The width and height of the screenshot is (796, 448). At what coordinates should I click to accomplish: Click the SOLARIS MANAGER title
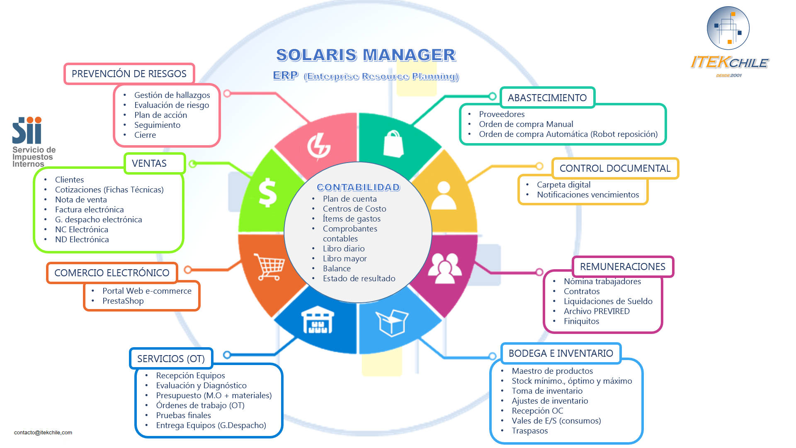click(366, 55)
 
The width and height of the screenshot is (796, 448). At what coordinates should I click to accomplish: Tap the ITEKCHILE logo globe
click(728, 28)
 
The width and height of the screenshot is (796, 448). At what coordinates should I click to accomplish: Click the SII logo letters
click(27, 130)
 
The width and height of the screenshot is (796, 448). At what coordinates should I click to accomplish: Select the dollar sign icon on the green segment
click(267, 192)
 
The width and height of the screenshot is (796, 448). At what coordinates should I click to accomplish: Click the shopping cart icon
click(270, 267)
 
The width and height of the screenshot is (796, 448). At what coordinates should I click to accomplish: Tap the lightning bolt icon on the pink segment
click(318, 146)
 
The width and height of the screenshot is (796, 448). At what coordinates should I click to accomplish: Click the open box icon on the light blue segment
click(392, 322)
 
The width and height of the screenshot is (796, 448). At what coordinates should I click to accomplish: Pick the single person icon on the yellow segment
click(444, 195)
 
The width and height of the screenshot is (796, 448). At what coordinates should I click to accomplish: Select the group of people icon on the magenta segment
click(444, 268)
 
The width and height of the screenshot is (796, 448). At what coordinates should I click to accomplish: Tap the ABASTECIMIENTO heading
click(547, 98)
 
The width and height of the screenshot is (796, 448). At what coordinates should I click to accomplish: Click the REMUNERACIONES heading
click(622, 267)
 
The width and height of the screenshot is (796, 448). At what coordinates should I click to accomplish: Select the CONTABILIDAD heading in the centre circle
click(358, 187)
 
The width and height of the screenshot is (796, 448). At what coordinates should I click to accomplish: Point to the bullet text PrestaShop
click(123, 301)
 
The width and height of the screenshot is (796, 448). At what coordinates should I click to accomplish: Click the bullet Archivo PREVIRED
click(597, 312)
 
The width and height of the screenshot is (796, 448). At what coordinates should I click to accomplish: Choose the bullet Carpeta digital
click(563, 185)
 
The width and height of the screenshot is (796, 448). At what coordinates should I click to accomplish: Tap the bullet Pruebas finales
click(183, 416)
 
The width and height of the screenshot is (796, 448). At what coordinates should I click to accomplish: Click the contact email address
click(43, 433)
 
